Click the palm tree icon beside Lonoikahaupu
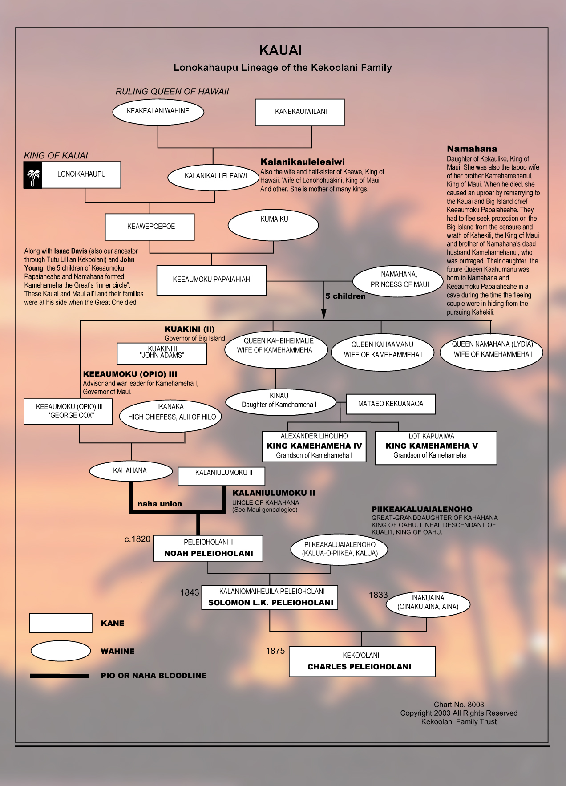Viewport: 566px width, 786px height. [x=33, y=175]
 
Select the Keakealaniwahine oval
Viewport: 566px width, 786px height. [x=158, y=111]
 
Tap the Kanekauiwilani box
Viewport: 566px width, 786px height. [x=300, y=112]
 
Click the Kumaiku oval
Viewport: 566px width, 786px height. [x=273, y=225]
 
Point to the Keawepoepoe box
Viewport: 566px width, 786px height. [x=150, y=227]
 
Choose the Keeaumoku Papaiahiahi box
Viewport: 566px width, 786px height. [x=212, y=280]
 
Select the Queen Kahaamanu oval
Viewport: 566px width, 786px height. [x=382, y=350]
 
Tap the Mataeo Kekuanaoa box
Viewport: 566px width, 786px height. [x=391, y=404]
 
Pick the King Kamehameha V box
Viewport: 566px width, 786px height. [x=436, y=447]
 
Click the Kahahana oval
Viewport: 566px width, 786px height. [x=130, y=471]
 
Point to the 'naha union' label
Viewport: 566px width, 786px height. [x=160, y=504]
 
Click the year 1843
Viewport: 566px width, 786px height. [x=190, y=592]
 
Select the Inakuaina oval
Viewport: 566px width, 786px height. [x=428, y=603]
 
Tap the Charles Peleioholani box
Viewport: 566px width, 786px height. [x=362, y=661]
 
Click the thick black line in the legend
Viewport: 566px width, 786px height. [x=60, y=676]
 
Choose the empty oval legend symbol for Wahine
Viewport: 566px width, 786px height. [x=61, y=651]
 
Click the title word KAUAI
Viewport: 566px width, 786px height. [x=281, y=50]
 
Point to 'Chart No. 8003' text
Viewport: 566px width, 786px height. [x=459, y=705]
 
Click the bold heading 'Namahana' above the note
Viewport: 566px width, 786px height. [x=472, y=149]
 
